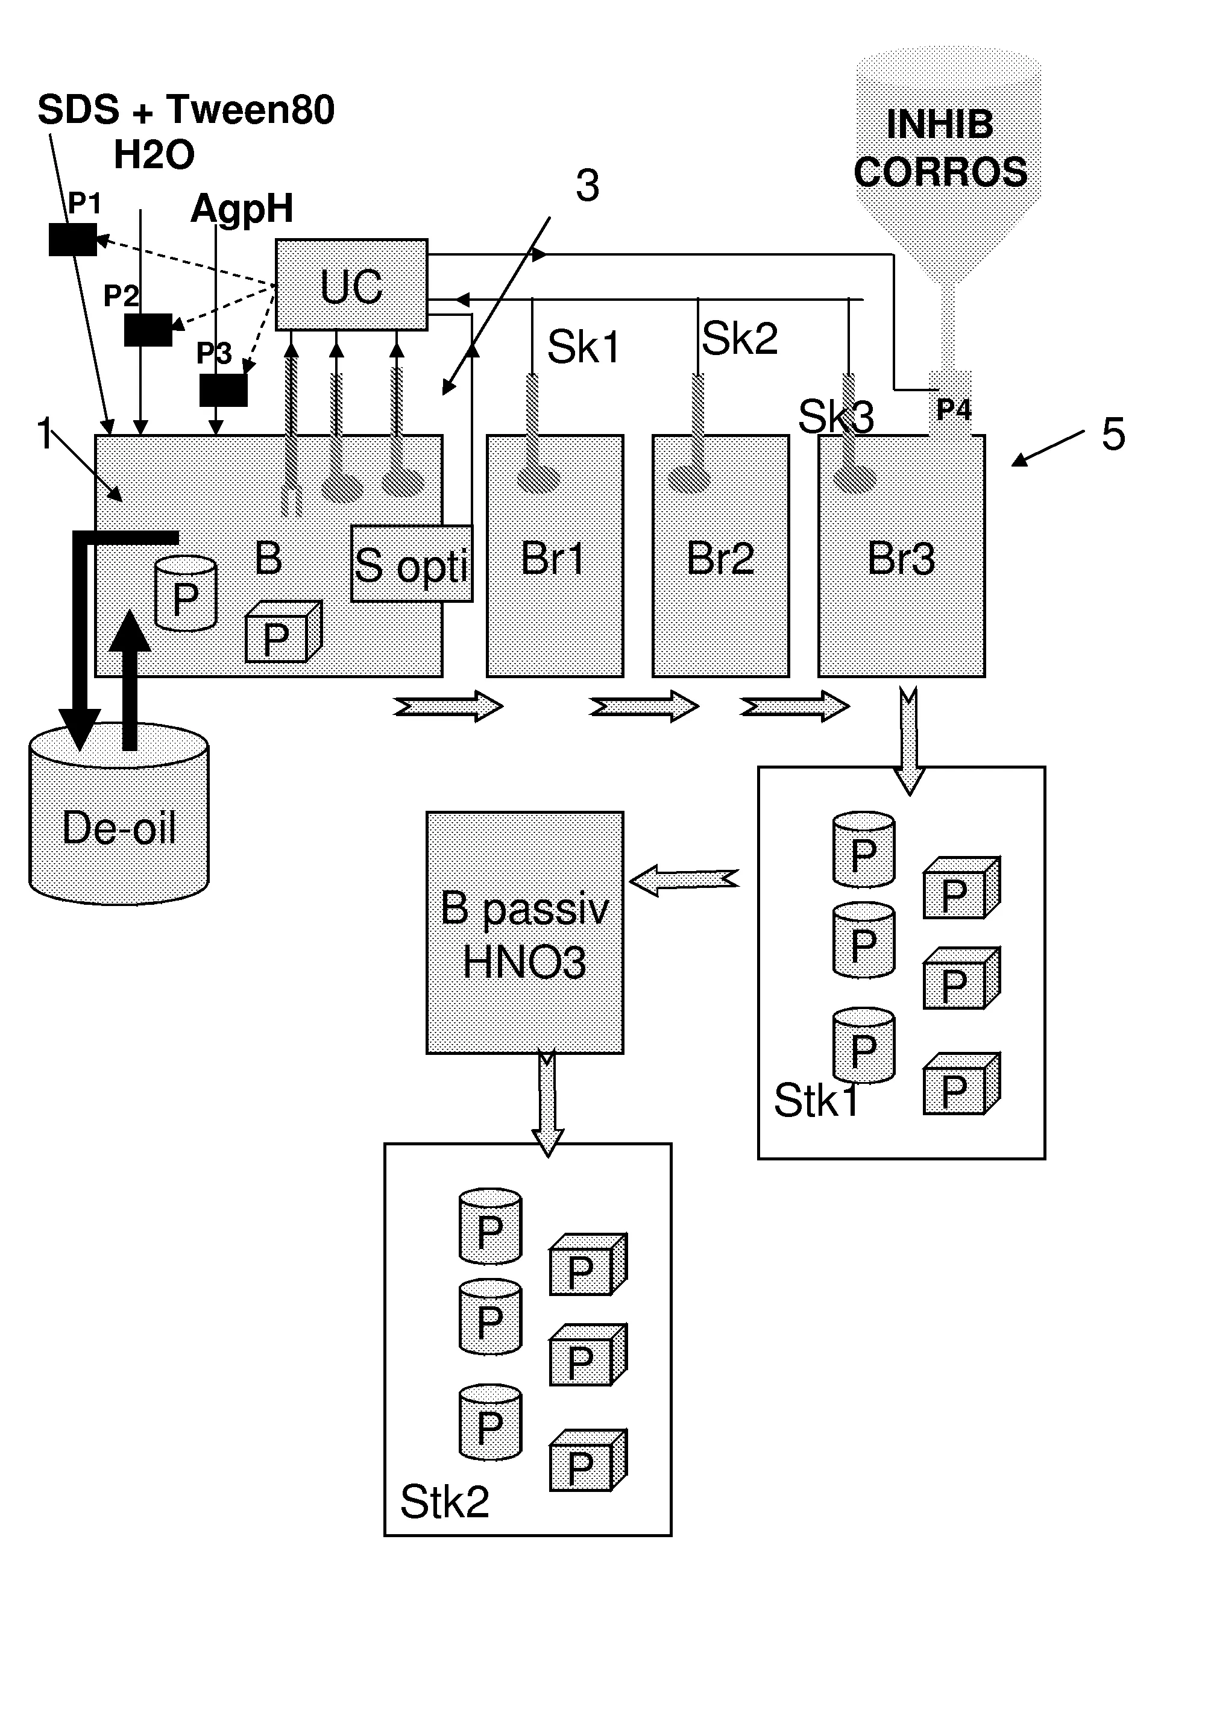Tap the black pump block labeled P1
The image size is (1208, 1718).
pos(72,239)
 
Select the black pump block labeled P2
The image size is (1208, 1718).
pos(148,329)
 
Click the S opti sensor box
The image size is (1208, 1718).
pos(412,564)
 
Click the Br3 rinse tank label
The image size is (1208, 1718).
pos(901,558)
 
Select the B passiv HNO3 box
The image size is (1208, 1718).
pos(524,933)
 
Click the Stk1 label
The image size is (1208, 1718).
pos(816,1101)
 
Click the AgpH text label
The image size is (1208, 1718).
pos(242,208)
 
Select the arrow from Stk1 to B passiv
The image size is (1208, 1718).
pos(684,880)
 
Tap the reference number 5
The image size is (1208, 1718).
pos(1113,434)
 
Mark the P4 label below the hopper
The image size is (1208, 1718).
pos(954,410)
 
